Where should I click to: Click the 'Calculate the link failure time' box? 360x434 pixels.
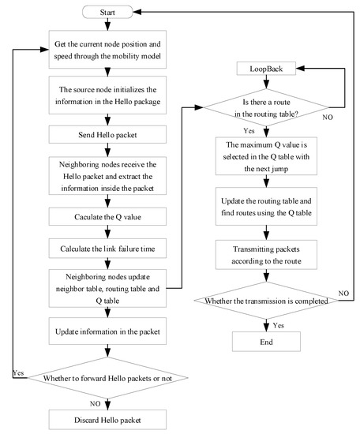(x=116, y=249)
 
